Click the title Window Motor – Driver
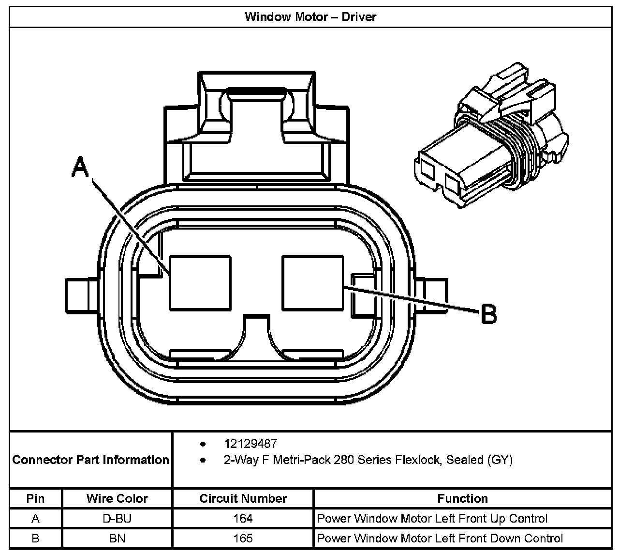[310, 16]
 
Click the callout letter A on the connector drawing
[81, 167]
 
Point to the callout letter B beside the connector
[488, 314]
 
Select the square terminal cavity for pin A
[200, 283]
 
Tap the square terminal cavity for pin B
[312, 283]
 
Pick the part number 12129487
[251, 444]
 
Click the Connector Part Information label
[91, 460]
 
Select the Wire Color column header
[117, 498]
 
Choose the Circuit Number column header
[243, 498]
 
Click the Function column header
[462, 498]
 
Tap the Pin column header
[35, 498]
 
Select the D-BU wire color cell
[117, 519]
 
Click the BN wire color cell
[117, 538]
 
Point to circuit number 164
[243, 519]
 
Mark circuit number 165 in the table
[243, 538]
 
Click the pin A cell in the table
[35, 519]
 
